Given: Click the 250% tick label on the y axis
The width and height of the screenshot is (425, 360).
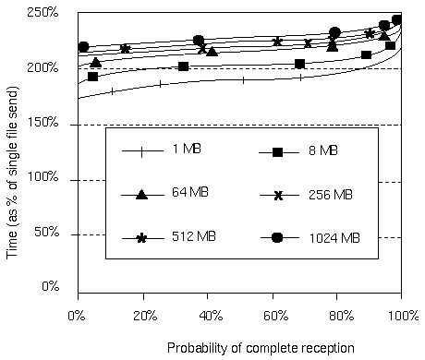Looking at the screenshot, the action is pyautogui.click(x=42, y=13).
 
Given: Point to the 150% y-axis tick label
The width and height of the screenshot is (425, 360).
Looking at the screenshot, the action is pyautogui.click(x=42, y=122).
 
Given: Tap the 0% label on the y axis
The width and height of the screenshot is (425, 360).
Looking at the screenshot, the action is pyautogui.click(x=50, y=286).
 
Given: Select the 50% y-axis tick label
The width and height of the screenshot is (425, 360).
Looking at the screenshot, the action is pyautogui.click(x=46, y=232).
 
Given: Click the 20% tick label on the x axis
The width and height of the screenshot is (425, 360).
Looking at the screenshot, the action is pyautogui.click(x=145, y=316).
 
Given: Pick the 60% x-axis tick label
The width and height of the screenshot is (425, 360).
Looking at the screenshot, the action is pyautogui.click(x=276, y=316).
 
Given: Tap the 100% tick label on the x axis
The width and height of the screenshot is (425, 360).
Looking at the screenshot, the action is pyautogui.click(x=403, y=316).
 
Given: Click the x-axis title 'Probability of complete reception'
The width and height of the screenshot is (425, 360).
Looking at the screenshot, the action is pyautogui.click(x=261, y=348).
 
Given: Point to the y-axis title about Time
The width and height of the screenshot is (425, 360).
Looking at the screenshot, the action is pyautogui.click(x=12, y=173).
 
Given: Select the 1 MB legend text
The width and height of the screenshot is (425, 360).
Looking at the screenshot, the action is pyautogui.click(x=187, y=149).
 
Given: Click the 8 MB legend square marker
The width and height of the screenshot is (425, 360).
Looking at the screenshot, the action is pyautogui.click(x=277, y=152).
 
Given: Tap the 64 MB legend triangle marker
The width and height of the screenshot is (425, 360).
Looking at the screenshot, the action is pyautogui.click(x=141, y=195).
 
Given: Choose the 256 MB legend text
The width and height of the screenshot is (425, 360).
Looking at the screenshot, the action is pyautogui.click(x=331, y=195).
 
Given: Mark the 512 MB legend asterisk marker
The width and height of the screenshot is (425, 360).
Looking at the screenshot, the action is pyautogui.click(x=141, y=238).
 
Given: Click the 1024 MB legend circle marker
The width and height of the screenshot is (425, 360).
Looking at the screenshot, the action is pyautogui.click(x=277, y=237).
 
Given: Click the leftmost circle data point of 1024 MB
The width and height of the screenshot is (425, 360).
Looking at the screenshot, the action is pyautogui.click(x=83, y=47).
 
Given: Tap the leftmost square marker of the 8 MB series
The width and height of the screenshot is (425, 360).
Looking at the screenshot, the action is pyautogui.click(x=92, y=77).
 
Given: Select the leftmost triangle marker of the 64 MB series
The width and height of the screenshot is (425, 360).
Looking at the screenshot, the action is pyautogui.click(x=96, y=63).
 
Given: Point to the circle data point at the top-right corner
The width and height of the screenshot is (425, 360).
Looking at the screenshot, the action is pyautogui.click(x=397, y=20).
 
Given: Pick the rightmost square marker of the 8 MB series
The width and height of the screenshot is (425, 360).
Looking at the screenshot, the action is pyautogui.click(x=390, y=46).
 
